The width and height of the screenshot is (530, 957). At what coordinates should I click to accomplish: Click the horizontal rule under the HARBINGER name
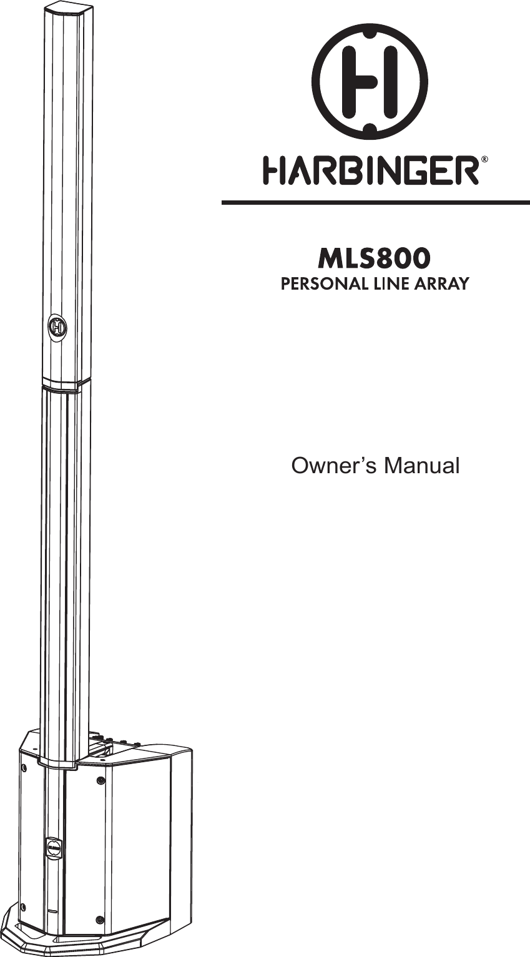375,202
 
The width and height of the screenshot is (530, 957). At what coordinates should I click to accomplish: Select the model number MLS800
375,257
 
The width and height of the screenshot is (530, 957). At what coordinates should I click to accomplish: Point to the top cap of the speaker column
67,11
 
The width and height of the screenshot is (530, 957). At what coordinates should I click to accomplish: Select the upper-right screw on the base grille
101,780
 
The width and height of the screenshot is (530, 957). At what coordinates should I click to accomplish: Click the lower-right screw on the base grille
101,919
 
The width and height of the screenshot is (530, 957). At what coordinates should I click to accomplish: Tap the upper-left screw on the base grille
23,767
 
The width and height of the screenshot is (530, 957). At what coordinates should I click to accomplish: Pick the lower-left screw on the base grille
23,906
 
